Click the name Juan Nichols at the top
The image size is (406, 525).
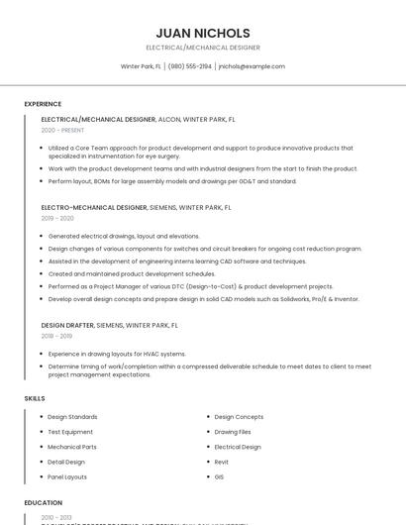click(203, 33)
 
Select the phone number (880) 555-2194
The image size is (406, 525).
click(189, 66)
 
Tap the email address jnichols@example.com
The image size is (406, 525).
click(252, 66)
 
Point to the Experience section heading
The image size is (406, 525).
click(43, 104)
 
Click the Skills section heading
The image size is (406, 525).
click(35, 398)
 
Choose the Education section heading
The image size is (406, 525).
click(44, 503)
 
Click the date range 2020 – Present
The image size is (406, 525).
click(62, 130)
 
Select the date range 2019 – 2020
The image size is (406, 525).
click(57, 218)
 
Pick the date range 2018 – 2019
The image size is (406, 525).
click(57, 335)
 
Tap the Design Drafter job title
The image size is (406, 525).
click(67, 324)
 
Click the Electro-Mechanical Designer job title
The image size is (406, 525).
click(94, 208)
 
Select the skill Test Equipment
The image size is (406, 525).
click(70, 432)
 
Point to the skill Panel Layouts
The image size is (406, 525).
click(67, 476)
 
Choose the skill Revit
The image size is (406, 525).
click(222, 462)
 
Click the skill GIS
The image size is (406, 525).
click(219, 476)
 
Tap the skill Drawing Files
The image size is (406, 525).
click(233, 432)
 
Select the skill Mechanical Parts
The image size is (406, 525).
click(72, 447)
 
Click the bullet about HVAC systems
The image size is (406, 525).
click(117, 354)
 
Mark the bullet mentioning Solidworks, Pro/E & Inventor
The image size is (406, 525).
click(203, 298)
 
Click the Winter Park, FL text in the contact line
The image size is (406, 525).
click(141, 66)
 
